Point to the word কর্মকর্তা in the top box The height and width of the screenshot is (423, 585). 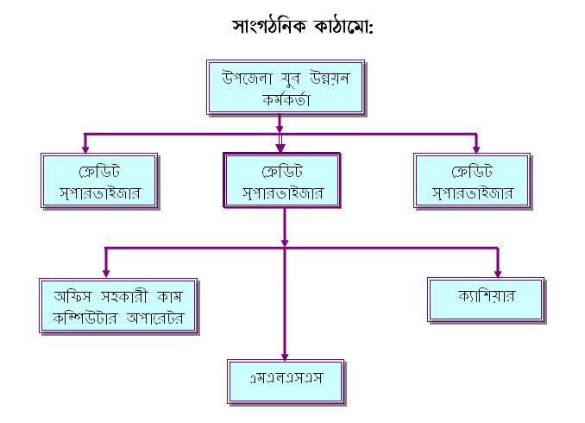(x=287, y=100)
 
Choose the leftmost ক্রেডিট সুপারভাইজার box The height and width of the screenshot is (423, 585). (x=100, y=180)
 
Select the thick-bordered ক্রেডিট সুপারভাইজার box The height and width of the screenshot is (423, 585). (x=282, y=180)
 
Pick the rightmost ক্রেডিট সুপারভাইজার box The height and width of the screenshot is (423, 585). (x=471, y=180)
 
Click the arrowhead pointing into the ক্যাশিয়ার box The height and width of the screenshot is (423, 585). (x=498, y=271)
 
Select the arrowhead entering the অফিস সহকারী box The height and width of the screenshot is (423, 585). (x=106, y=271)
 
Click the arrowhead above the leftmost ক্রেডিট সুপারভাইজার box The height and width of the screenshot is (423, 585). (x=85, y=148)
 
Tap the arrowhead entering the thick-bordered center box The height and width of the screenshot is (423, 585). (x=280, y=147)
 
